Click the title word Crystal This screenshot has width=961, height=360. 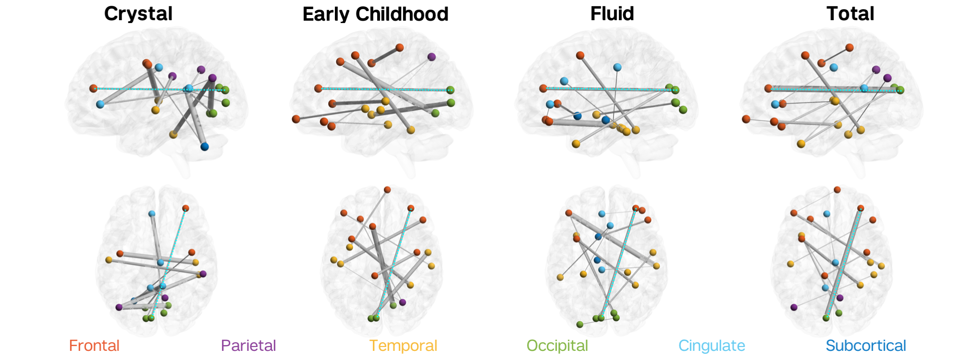[x=138, y=13]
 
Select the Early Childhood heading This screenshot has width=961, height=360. [x=375, y=14]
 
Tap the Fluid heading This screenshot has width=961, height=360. [x=612, y=13]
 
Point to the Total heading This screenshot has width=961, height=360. [x=850, y=13]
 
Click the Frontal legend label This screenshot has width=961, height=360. [x=94, y=346]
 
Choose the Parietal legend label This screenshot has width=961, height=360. [x=248, y=346]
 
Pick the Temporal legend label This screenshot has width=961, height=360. [x=403, y=346]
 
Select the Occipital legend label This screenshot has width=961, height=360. [x=557, y=346]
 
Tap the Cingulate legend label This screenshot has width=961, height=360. [x=712, y=346]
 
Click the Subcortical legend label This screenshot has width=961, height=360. [x=866, y=346]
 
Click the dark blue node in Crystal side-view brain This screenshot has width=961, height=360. [x=205, y=146]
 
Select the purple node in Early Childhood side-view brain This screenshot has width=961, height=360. [x=431, y=57]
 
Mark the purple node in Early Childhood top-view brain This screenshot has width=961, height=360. [x=403, y=302]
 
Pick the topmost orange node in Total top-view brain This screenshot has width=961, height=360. [x=837, y=190]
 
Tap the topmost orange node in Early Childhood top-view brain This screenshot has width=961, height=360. [x=387, y=190]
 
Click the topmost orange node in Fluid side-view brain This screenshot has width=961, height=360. [x=580, y=55]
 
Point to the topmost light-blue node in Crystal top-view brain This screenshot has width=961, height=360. [x=152, y=213]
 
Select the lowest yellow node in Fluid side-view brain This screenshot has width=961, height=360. [x=576, y=144]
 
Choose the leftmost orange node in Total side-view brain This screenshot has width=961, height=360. [x=746, y=119]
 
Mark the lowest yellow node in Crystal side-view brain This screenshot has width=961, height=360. [x=173, y=135]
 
